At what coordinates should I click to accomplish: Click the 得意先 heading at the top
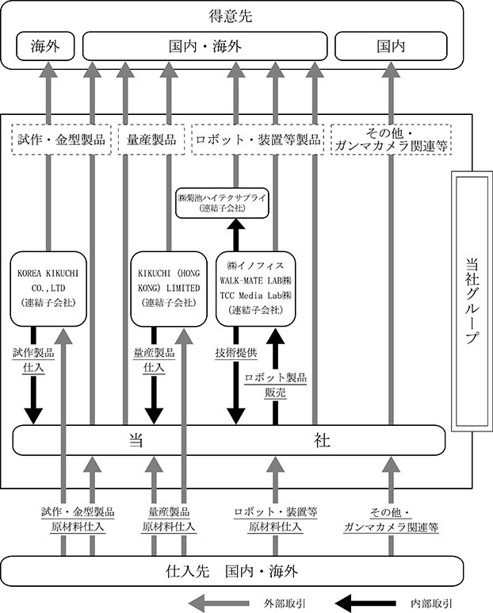[231, 17]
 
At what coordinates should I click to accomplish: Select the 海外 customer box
[45, 46]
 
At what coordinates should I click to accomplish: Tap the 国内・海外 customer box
[205, 46]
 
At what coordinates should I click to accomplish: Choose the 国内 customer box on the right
[391, 46]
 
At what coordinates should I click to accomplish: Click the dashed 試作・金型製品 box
[61, 140]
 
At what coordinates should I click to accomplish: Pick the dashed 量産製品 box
[151, 140]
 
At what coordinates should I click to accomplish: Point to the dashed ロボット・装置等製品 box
[258, 140]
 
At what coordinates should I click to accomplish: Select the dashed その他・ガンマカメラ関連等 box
[391, 140]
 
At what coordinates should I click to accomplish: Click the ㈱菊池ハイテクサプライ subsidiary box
[222, 203]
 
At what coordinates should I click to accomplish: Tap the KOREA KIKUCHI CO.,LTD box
[48, 289]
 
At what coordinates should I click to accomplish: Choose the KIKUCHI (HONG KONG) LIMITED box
[169, 289]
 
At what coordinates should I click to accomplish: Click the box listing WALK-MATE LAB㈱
[255, 289]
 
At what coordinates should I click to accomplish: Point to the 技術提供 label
[236, 353]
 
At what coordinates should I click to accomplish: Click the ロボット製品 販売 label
[275, 385]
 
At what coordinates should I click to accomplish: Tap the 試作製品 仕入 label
[33, 360]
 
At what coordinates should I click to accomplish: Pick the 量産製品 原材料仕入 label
[168, 519]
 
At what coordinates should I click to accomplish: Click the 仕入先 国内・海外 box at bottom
[231, 571]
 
